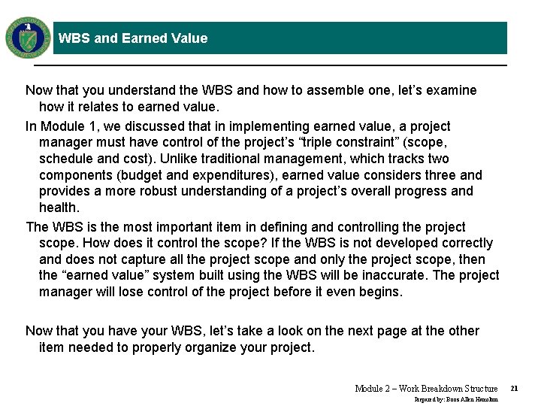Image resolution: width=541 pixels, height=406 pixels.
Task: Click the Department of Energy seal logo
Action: tap(28, 37)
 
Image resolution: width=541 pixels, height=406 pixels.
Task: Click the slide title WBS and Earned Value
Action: tap(133, 38)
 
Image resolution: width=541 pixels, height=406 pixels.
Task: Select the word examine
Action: tap(451, 90)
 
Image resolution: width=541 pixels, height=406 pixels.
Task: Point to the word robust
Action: tap(155, 191)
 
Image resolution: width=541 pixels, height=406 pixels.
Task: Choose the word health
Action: tap(59, 208)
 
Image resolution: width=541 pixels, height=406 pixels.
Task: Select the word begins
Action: tap(380, 292)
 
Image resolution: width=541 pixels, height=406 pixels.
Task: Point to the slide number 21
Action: tap(514, 388)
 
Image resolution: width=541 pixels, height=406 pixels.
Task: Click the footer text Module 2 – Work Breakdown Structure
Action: tap(426, 388)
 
